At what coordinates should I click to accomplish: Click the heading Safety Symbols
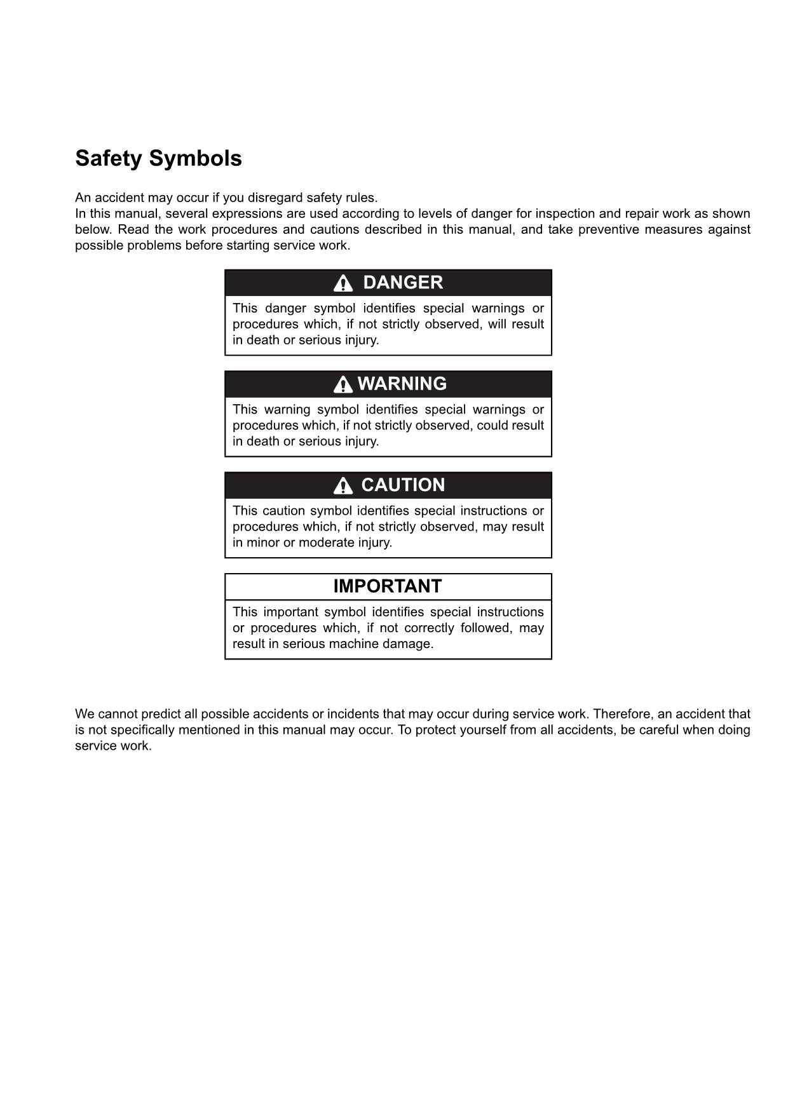158,158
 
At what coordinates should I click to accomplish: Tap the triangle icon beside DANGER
343,283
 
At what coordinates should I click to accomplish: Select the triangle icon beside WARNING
343,384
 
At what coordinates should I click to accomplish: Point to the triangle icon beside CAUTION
343,486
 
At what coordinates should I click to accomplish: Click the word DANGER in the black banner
402,283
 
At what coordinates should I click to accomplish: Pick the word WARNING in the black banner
402,384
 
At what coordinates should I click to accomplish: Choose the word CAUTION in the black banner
403,485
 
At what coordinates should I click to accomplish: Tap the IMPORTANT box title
387,586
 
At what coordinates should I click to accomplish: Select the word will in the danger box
496,324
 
